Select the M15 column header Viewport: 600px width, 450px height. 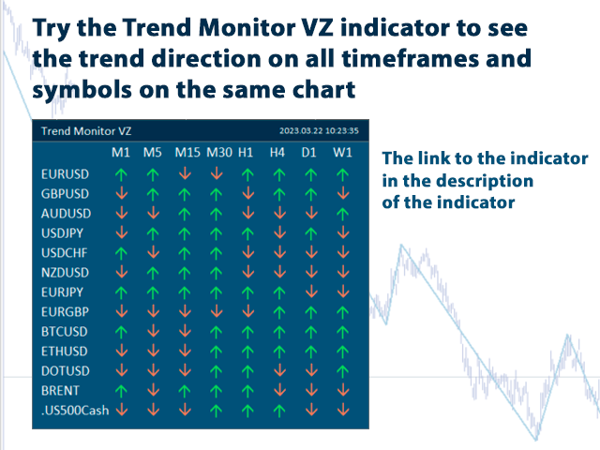[187, 152]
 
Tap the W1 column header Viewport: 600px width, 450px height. [342, 152]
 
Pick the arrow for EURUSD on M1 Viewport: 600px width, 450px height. [121, 173]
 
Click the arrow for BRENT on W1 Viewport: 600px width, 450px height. [342, 389]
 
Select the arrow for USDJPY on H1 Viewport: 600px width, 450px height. [247, 232]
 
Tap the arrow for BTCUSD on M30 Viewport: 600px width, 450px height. [217, 330]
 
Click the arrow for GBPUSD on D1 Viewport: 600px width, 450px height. [309, 193]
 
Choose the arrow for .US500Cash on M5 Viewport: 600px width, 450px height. [152, 409]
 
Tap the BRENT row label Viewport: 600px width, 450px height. [61, 389]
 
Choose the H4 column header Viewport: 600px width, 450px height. [277, 152]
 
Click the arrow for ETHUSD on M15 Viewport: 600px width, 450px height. [185, 350]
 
